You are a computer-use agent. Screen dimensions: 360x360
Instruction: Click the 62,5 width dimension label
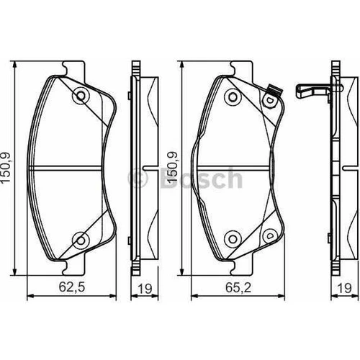point(72,287)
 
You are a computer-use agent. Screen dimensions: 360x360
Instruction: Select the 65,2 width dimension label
point(238,287)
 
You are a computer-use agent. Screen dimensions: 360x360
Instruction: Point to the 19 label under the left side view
point(145,289)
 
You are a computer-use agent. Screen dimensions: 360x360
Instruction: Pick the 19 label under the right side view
point(344,288)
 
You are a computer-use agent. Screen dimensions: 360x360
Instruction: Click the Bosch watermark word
point(202,178)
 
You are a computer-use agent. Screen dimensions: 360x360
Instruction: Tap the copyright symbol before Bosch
point(138,178)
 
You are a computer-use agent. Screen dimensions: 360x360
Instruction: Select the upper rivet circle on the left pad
point(81,96)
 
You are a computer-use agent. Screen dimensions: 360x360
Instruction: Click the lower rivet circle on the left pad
point(81,240)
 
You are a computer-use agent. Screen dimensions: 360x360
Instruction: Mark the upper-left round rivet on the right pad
point(233,96)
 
